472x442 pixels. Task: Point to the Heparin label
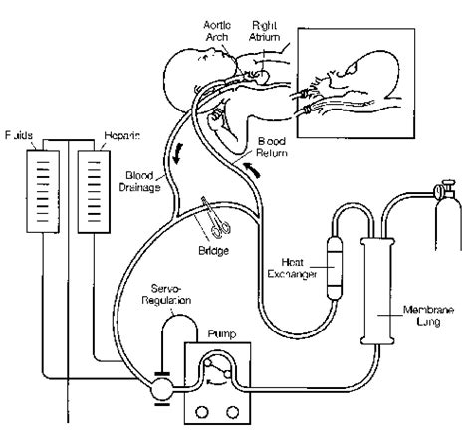tap(117, 130)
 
